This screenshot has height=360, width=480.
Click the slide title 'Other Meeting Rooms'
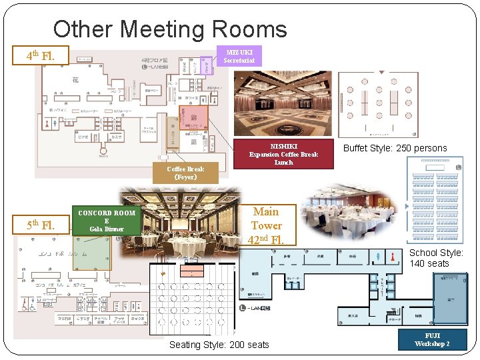pos(170,29)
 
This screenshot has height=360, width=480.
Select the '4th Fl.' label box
pos(40,56)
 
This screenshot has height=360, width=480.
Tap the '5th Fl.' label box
pos(40,224)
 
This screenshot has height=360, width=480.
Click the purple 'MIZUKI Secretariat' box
pos(239,56)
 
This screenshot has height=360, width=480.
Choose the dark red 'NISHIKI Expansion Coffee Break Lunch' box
pos(283,154)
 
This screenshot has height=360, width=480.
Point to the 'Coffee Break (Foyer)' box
pos(185,173)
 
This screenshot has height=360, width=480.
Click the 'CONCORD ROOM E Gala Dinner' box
pos(107,221)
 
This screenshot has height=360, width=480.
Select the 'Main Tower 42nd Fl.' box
pos(266,225)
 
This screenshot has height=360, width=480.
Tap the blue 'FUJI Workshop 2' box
pos(432,339)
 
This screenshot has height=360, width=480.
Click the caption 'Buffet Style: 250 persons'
pos(394,148)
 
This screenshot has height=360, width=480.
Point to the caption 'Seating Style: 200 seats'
pos(219,345)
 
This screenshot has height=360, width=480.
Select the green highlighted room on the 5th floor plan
pos(92,253)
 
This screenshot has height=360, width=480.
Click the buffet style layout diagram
pos(377,103)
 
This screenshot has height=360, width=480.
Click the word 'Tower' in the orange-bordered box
pos(266,225)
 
